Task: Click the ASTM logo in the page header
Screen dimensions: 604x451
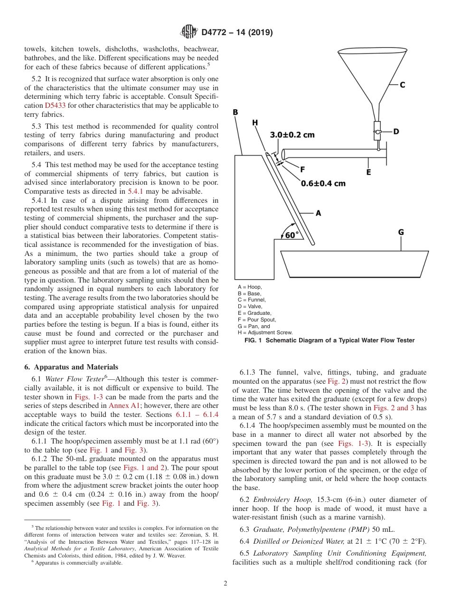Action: [x=189, y=32]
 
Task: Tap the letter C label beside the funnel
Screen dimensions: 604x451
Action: [x=402, y=85]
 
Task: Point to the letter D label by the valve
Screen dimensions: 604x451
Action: [x=396, y=132]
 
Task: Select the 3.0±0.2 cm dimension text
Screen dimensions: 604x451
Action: [x=292, y=134]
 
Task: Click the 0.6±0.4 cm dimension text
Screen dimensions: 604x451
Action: [x=323, y=183]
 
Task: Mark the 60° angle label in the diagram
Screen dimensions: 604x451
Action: [x=292, y=235]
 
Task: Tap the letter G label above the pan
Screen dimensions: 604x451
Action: [x=401, y=232]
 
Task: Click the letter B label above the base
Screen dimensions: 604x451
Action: [x=235, y=112]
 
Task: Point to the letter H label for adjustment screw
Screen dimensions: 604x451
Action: [x=255, y=122]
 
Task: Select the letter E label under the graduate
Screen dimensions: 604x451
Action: [x=368, y=172]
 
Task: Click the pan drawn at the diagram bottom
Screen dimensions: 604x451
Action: [x=351, y=264]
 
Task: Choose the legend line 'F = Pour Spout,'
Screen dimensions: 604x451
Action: [x=257, y=320]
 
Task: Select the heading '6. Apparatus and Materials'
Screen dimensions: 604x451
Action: [x=71, y=367]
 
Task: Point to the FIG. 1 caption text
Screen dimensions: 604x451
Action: [x=329, y=340]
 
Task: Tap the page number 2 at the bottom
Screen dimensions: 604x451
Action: [x=225, y=584]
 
